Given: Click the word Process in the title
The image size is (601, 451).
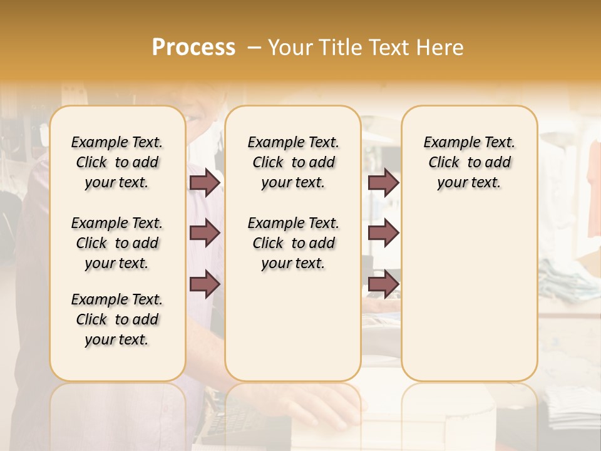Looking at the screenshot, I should pos(193,47).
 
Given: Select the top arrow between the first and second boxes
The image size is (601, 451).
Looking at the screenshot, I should pos(205,182).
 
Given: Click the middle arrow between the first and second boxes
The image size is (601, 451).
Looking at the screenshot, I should pos(205,233).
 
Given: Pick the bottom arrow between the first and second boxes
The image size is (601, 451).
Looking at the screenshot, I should pos(205,284).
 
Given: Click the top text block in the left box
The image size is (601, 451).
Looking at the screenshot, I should pos(117,162).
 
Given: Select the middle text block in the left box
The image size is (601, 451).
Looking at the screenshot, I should pos(117,243).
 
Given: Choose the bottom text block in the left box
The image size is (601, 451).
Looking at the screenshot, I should pos(117,319).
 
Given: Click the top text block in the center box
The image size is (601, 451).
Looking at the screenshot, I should pos(293,162).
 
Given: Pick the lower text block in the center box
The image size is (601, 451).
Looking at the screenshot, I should pos(293,243).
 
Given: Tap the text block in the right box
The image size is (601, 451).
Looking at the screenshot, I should pos(469,162).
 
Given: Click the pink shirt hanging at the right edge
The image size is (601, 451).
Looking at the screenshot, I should pos(594,188).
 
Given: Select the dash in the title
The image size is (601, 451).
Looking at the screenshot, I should pos(254,47).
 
